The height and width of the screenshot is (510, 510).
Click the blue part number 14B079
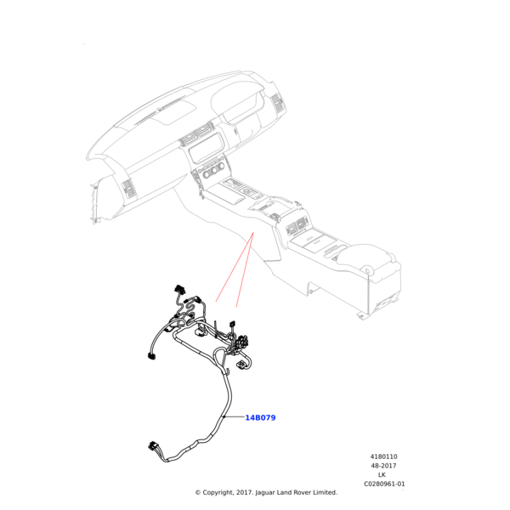[260, 417]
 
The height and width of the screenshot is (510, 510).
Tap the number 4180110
[383, 456]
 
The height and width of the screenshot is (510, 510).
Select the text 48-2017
[383, 466]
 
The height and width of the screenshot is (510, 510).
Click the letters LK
[382, 475]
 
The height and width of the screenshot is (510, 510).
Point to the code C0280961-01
[384, 484]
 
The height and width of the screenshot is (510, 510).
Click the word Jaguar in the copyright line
[265, 493]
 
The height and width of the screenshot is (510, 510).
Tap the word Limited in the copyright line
[325, 492]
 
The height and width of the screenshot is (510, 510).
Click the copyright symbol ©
[198, 493]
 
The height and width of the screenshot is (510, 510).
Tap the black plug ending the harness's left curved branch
[151, 356]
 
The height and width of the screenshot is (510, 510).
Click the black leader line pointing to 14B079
[234, 416]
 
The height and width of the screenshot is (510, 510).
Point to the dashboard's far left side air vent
[128, 188]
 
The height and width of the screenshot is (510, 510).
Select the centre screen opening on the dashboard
[207, 147]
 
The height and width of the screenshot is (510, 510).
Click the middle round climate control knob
[213, 172]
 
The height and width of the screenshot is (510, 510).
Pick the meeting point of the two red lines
[253, 233]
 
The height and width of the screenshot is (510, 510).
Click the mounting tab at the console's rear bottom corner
[360, 316]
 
